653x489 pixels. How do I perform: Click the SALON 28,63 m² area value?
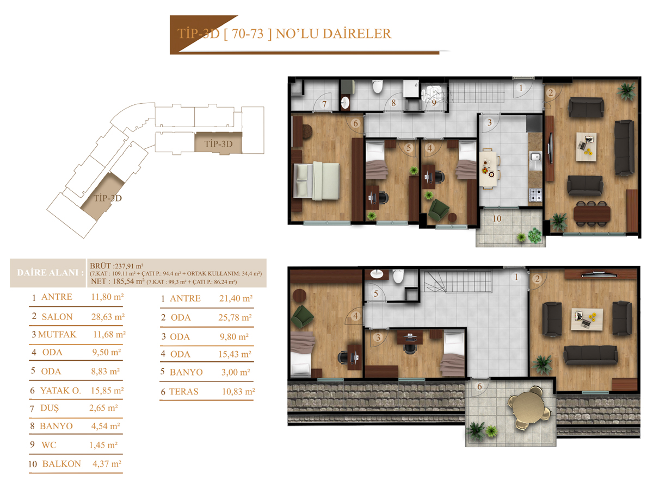tap(108, 317)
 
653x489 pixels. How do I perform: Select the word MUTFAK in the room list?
tap(57, 335)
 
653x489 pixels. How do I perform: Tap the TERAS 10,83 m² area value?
tap(238, 392)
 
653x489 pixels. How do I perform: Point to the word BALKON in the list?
tap(61, 464)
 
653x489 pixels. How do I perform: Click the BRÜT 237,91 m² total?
tap(116, 266)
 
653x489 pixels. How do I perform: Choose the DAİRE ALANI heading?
tap(50, 273)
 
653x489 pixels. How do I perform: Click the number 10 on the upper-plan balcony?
tap(497, 219)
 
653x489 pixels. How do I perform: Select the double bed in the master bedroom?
tap(316, 181)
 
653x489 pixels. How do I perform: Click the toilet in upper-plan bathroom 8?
tap(377, 86)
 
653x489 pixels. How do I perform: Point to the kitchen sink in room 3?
tap(535, 161)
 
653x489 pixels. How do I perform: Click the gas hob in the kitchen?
tap(535, 195)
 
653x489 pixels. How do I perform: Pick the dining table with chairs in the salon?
tap(592, 213)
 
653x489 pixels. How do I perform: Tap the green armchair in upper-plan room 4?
tap(439, 209)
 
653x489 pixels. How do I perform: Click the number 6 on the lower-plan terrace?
tap(479, 386)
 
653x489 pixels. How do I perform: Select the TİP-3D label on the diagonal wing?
tap(108, 198)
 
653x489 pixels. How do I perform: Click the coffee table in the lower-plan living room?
tap(587, 319)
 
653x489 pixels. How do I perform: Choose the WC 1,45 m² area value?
tap(103, 445)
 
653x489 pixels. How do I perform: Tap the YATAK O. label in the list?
tap(61, 391)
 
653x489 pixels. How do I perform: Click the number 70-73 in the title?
tap(248, 34)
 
